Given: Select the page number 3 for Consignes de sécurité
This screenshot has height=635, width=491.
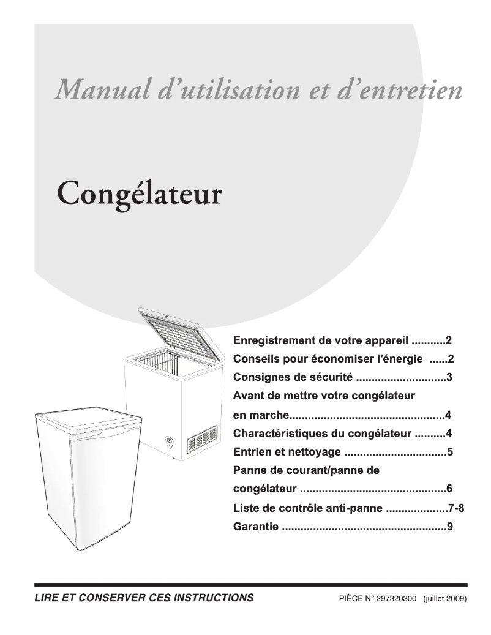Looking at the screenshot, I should pos(449,378).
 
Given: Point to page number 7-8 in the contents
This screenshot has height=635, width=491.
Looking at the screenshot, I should pos(456,508).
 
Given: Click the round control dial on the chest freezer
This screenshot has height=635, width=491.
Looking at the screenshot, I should pos(170,440).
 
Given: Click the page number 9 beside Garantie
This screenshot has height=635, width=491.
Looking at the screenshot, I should pos(449,526).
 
